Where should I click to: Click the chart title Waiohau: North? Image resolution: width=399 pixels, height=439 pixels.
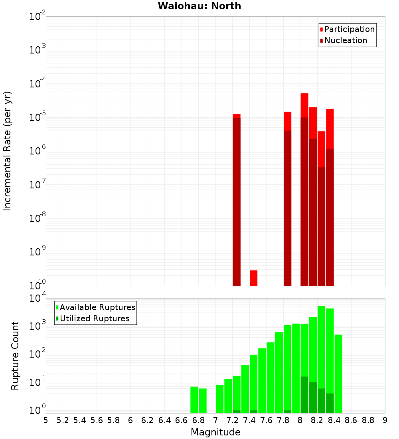point(199,6)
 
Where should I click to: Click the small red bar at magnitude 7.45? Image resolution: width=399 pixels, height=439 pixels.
point(253,278)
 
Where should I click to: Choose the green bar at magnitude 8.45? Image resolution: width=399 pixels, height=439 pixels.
point(338,374)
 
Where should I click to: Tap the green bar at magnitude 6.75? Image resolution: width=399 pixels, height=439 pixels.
point(194,399)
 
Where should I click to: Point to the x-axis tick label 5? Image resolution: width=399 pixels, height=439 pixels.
point(46,420)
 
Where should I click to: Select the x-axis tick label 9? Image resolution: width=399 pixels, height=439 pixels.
point(385,420)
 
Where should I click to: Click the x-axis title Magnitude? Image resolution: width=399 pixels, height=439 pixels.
point(215,432)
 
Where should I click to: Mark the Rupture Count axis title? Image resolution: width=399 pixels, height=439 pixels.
point(15,355)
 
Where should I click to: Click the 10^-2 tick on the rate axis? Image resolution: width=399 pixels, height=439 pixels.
point(38,17)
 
